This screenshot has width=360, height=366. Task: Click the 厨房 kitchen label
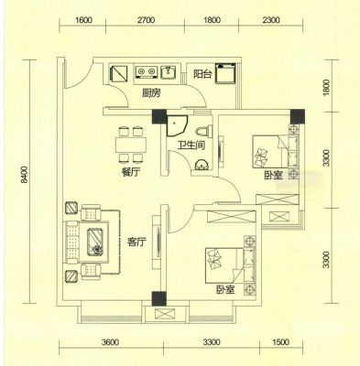click(x=151, y=93)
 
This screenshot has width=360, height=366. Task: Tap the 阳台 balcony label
click(x=202, y=74)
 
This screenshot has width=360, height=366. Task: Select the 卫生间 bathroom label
click(x=191, y=145)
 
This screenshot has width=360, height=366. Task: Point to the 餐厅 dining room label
click(x=130, y=173)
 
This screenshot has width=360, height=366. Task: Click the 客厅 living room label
click(x=136, y=242)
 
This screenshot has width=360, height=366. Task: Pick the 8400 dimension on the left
click(x=25, y=175)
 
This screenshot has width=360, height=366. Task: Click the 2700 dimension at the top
click(x=146, y=20)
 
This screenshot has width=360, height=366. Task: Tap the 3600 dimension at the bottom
click(x=110, y=342)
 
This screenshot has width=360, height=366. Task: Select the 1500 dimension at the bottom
click(x=280, y=342)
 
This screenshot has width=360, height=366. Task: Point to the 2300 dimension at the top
click(x=271, y=20)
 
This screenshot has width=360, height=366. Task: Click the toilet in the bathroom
click(x=204, y=131)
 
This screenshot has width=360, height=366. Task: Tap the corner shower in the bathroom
click(x=177, y=125)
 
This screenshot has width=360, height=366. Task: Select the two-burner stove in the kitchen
click(x=146, y=72)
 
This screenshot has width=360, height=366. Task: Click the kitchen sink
click(x=168, y=72)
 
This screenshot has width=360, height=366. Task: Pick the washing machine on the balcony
click(x=225, y=73)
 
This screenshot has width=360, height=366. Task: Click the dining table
click(x=131, y=145)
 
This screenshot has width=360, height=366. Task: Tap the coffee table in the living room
click(x=96, y=242)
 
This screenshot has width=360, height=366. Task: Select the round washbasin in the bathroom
click(x=202, y=165)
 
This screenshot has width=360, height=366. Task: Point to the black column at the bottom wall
click(x=159, y=298)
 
